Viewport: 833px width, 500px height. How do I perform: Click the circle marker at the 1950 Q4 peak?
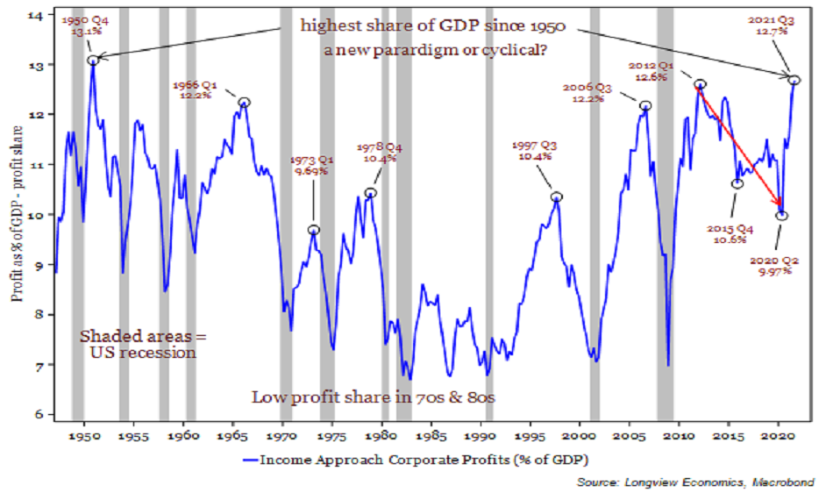point(93,60)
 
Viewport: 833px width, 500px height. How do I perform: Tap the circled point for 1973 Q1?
point(313,230)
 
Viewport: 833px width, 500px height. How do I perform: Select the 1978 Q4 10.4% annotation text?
point(379,153)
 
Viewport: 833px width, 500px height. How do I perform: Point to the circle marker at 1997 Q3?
point(556,196)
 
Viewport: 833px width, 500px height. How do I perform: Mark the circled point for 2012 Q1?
point(700,85)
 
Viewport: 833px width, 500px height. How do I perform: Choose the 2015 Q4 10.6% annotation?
point(726,234)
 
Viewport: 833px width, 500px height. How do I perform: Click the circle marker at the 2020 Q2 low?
point(781,216)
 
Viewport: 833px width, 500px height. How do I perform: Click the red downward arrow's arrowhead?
point(778,206)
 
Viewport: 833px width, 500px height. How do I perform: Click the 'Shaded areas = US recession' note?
point(138,344)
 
